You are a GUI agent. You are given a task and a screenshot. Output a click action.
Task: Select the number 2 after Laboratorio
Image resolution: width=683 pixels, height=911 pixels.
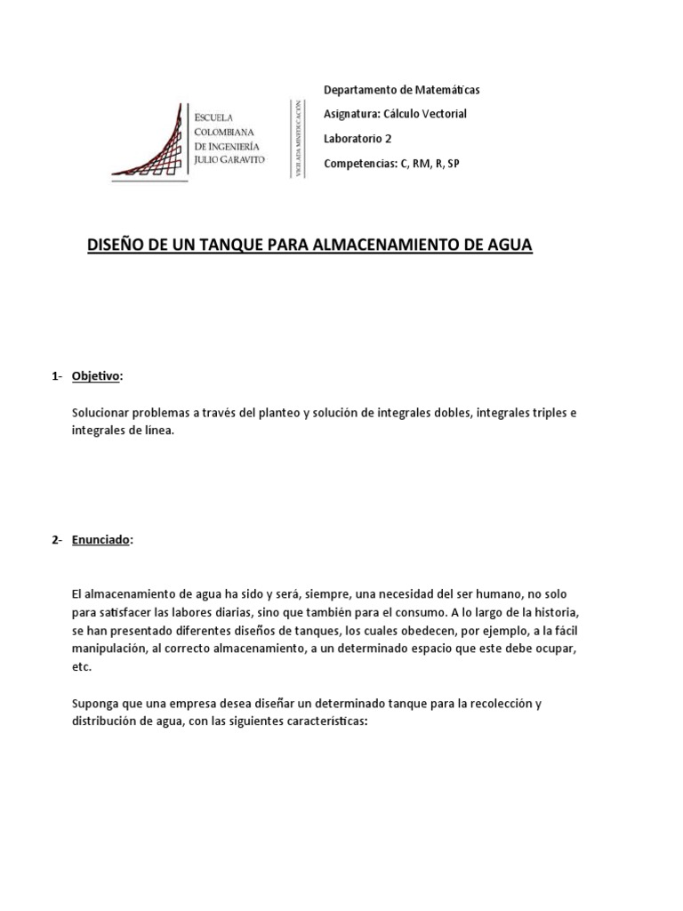coord(388,138)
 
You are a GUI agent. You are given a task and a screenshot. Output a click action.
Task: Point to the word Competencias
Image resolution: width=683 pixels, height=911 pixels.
coord(359,164)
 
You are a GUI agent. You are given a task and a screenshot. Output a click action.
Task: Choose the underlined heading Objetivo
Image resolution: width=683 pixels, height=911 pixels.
coord(95,376)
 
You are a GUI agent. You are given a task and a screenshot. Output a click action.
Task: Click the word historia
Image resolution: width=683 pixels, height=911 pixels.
coord(585,611)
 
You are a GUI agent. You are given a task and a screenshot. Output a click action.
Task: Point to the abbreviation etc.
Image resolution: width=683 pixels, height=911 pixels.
coord(81,667)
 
